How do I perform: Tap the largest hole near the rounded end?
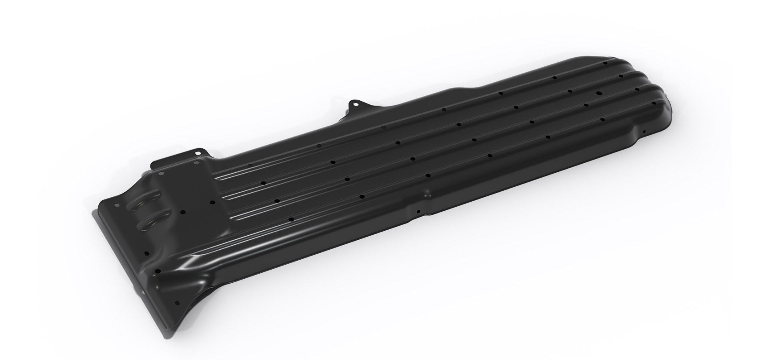pyautogui.click(x=599, y=93)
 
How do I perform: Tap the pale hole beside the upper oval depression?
pyautogui.click(x=117, y=205)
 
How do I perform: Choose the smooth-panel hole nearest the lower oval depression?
pyautogui.click(x=182, y=212)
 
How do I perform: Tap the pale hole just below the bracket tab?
pyautogui.click(x=196, y=163)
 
